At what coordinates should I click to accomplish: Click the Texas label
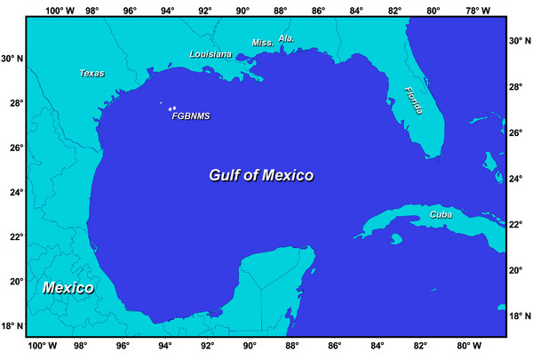click(x=92, y=73)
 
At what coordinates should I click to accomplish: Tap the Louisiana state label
click(x=211, y=54)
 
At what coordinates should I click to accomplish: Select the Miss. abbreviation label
click(x=263, y=43)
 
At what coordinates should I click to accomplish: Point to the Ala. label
click(x=286, y=39)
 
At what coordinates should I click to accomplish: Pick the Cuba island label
click(x=441, y=214)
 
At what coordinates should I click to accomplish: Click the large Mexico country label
click(x=69, y=288)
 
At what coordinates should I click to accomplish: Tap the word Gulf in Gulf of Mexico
click(x=227, y=175)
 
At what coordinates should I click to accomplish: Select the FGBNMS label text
click(x=190, y=115)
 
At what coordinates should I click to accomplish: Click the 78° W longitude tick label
click(x=477, y=12)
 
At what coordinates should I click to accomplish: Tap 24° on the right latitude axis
click(x=516, y=178)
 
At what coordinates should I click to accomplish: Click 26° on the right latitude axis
click(x=516, y=132)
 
